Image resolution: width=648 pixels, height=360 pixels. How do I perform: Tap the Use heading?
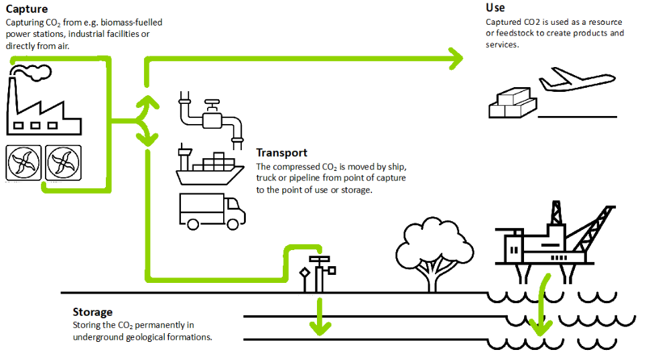495,8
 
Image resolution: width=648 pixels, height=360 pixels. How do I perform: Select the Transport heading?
281,153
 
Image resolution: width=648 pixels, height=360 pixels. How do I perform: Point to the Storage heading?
92,312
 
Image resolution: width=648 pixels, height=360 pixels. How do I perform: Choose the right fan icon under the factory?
63,162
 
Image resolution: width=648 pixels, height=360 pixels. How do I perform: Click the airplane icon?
576,78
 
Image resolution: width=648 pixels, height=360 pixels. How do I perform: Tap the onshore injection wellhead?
318,272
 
